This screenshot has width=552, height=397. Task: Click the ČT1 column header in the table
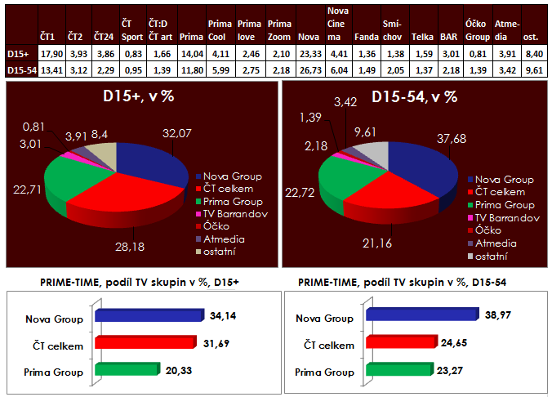48,37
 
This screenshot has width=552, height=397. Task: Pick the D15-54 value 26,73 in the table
309,71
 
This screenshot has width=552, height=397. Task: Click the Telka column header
422,37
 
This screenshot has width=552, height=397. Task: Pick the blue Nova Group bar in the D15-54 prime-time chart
421,314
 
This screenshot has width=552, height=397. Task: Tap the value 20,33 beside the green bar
175,370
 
